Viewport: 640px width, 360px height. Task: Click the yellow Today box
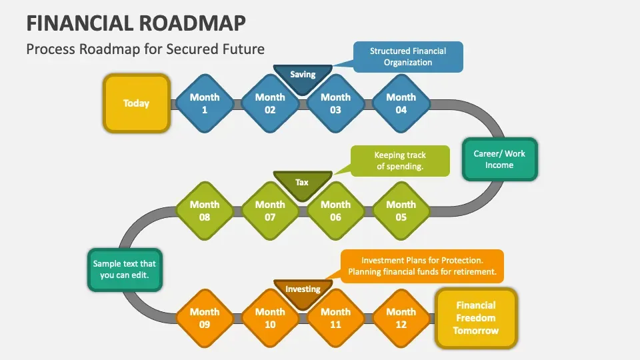pos(136,103)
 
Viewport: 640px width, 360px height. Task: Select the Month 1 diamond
pos(205,103)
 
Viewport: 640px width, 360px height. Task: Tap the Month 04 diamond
pos(401,103)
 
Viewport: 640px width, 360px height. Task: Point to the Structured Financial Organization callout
pos(408,57)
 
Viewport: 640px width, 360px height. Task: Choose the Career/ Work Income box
pos(499,159)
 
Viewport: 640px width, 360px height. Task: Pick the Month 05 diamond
pos(401,211)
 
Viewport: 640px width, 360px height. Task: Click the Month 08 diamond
pos(205,211)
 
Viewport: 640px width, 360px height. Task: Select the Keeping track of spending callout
pos(399,161)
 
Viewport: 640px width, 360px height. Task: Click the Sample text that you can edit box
pos(125,269)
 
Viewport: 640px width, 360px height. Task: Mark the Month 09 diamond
pos(205,318)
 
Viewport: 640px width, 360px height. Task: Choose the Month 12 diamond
pos(401,318)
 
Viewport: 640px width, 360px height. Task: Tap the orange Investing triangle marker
pos(303,291)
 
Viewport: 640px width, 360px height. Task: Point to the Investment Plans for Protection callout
pos(422,266)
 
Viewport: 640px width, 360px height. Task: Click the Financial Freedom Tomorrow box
pos(476,318)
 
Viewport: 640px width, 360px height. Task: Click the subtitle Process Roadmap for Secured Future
pos(145,49)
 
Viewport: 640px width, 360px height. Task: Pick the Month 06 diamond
pos(335,211)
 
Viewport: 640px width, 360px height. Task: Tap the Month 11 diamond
pos(335,318)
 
